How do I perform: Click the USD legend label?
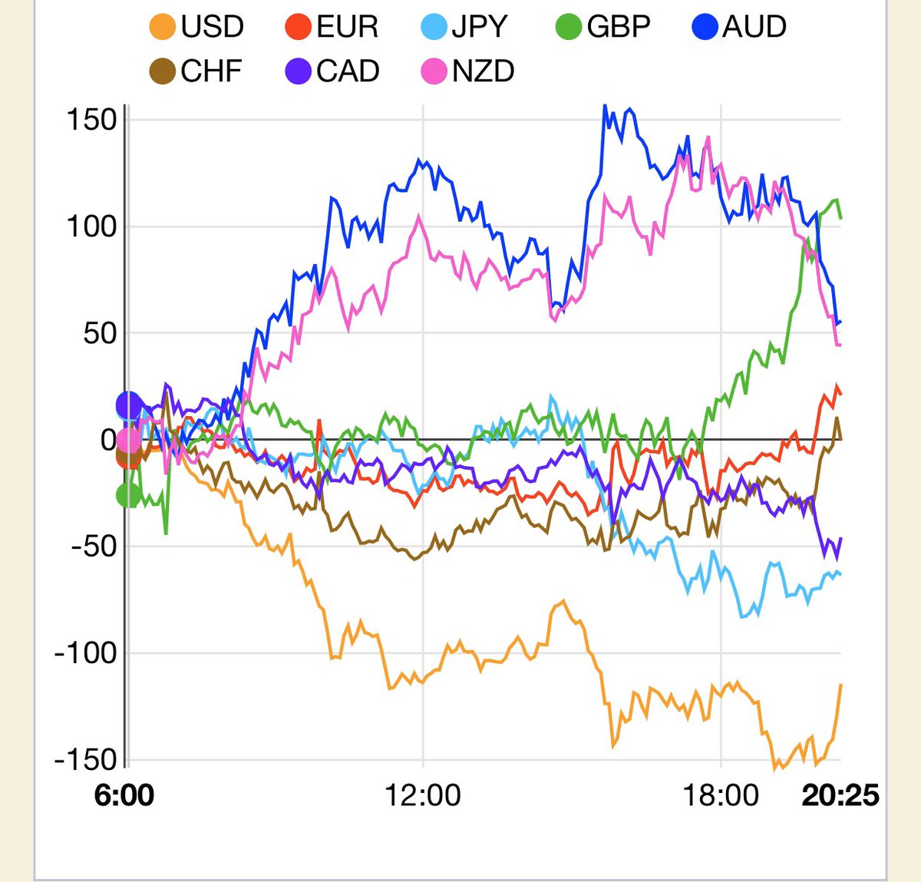click(212, 26)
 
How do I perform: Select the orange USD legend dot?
click(163, 27)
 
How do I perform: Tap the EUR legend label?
click(348, 26)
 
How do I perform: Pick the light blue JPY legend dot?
click(434, 27)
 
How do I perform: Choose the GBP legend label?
click(619, 26)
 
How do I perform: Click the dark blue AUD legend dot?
click(705, 27)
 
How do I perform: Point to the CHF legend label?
click(211, 71)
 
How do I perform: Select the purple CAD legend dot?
click(298, 71)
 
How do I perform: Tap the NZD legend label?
click(483, 71)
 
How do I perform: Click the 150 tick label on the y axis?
click(91, 119)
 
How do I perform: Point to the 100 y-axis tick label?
click(91, 226)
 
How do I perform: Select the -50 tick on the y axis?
click(94, 547)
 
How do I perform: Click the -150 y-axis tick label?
click(86, 760)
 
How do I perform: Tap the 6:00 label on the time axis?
click(124, 795)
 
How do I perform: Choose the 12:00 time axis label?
click(422, 795)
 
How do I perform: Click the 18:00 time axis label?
click(721, 795)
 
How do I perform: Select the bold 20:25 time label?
click(840, 795)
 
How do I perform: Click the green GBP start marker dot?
click(128, 495)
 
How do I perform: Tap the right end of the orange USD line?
click(840, 685)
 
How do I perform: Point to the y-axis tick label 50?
click(100, 333)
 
